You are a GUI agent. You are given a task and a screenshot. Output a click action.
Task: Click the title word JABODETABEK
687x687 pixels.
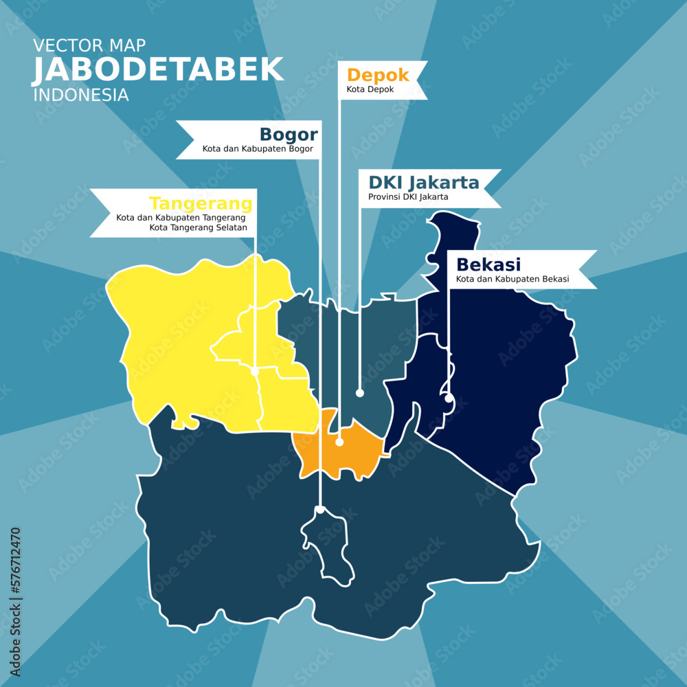(x=158, y=69)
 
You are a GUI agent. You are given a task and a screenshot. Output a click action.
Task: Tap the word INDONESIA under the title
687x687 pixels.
(x=81, y=95)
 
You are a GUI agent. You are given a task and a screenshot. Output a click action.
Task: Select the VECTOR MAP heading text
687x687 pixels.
(x=89, y=46)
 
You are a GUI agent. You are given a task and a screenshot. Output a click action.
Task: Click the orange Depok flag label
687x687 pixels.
(x=378, y=75)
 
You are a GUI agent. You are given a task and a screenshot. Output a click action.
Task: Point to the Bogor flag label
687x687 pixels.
(x=288, y=134)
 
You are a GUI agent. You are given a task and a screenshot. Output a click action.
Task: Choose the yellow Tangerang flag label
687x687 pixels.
(x=201, y=204)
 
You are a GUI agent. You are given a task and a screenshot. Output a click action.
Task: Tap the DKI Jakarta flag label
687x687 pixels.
(x=423, y=183)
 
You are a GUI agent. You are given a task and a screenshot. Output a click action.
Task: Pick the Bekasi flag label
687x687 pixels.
(x=488, y=264)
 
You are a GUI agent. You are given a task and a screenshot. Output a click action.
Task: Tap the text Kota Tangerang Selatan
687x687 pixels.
(x=198, y=227)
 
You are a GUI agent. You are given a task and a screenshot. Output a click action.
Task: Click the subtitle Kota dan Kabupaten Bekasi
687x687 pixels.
(x=512, y=279)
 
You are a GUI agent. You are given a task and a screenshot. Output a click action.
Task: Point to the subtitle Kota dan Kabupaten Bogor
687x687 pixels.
(x=258, y=148)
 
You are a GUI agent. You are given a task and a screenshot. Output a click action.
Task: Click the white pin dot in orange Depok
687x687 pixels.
(x=339, y=442)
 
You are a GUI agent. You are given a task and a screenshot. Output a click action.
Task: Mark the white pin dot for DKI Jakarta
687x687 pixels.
(x=359, y=393)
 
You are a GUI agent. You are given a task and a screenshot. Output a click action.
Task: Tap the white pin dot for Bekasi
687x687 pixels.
(x=448, y=398)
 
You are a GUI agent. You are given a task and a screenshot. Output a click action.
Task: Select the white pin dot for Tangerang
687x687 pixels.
(x=255, y=371)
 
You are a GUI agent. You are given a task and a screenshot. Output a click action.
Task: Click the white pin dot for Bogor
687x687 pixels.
(x=319, y=509)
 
